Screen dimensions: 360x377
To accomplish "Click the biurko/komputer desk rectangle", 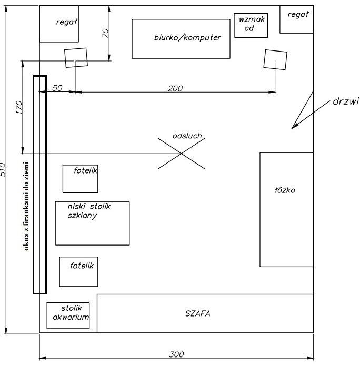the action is tap(181, 39).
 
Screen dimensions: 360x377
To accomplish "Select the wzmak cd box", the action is tap(251, 25).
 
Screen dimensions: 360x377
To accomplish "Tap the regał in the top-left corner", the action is tap(59, 24).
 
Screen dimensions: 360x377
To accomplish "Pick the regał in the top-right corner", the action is tap(296, 19).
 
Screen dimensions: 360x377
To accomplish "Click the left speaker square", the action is tap(76, 58).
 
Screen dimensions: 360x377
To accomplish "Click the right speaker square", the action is tap(275, 59).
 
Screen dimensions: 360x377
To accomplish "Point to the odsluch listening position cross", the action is tap(181, 154).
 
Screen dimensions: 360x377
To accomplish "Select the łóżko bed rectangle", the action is tap(287, 209).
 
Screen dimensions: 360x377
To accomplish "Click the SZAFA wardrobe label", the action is tap(197, 313).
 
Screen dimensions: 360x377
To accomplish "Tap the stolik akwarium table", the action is tap(68, 315).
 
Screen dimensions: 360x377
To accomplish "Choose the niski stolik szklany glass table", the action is tap(93, 223).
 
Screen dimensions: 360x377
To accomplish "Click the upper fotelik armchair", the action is tap(80, 179).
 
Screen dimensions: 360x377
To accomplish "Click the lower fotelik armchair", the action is tap(79, 272).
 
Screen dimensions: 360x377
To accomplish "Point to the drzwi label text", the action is tap(346, 101).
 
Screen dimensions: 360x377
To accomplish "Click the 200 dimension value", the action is tap(175, 88).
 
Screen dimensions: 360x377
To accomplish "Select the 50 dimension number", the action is tap(57, 88).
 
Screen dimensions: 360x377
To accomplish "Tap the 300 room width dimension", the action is tap(176, 354).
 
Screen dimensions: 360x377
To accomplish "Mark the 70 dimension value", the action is tap(106, 33).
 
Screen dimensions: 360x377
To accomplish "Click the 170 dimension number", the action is tap(19, 107).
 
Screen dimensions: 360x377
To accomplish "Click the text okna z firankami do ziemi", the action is tap(26, 206).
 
